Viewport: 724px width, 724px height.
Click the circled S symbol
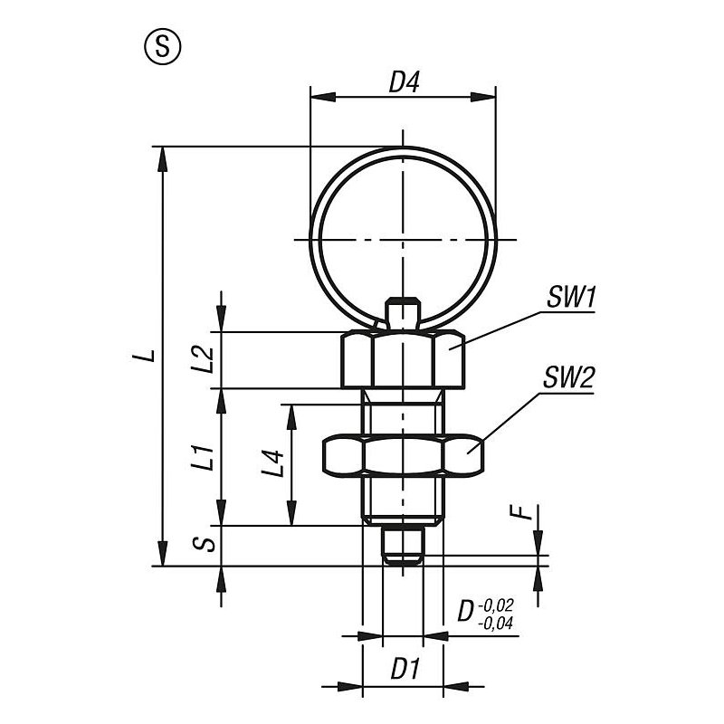point(163,46)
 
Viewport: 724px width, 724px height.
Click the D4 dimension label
point(404,83)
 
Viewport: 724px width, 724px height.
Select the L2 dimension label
point(203,359)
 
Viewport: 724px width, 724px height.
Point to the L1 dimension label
point(203,458)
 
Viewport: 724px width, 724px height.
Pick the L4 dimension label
point(273,463)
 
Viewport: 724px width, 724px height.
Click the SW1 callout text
point(571,298)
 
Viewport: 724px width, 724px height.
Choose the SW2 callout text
point(568,378)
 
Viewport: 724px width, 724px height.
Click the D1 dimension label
point(405,669)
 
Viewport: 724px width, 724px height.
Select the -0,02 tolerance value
point(496,605)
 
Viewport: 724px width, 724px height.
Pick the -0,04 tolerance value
point(496,624)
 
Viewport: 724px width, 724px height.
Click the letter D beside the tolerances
point(466,612)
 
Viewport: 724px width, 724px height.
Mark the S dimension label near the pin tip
point(204,544)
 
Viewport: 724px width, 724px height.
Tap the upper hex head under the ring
point(403,359)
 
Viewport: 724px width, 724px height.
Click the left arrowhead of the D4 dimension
point(323,98)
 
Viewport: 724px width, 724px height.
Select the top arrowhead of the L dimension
point(163,159)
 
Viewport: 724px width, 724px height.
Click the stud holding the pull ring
point(403,314)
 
